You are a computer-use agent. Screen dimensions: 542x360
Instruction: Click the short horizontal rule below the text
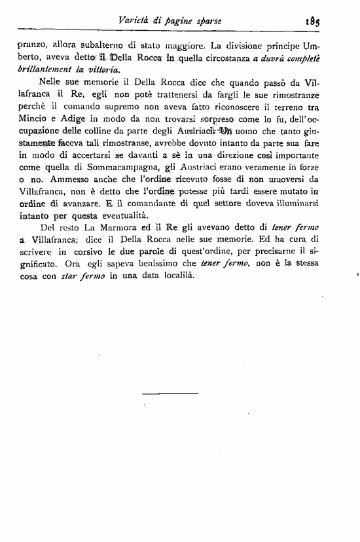(169, 393)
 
